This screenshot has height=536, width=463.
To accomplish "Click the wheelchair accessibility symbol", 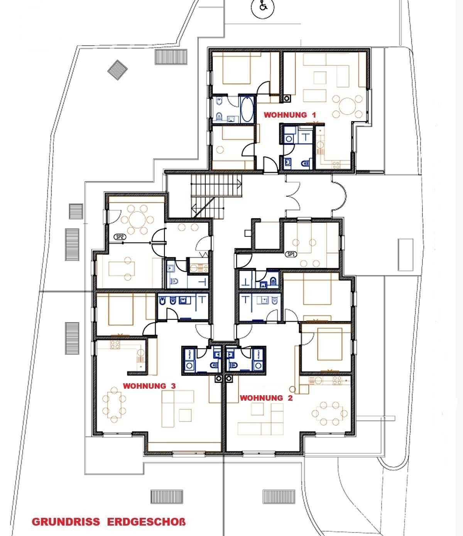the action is (263, 7).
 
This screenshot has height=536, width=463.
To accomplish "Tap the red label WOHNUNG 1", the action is (290, 115).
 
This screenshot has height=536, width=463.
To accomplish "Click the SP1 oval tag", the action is (291, 255).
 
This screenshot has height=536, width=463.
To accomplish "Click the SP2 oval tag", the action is (120, 237).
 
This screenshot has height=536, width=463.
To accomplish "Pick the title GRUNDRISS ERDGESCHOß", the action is (109, 521).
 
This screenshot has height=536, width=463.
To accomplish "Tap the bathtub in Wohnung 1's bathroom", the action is (247, 109).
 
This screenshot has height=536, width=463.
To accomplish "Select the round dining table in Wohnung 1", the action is (347, 106).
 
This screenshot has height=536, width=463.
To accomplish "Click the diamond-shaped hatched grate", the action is (118, 70).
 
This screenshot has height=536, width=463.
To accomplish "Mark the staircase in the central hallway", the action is (216, 196).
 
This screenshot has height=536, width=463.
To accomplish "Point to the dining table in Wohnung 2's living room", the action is (330, 414).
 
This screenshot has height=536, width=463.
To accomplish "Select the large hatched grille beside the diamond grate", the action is (171, 57).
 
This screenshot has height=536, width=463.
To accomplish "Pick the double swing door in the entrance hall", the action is (293, 196).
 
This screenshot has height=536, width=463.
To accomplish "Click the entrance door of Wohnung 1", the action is (271, 164).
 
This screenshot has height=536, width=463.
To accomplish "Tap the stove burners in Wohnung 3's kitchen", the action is (115, 345).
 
